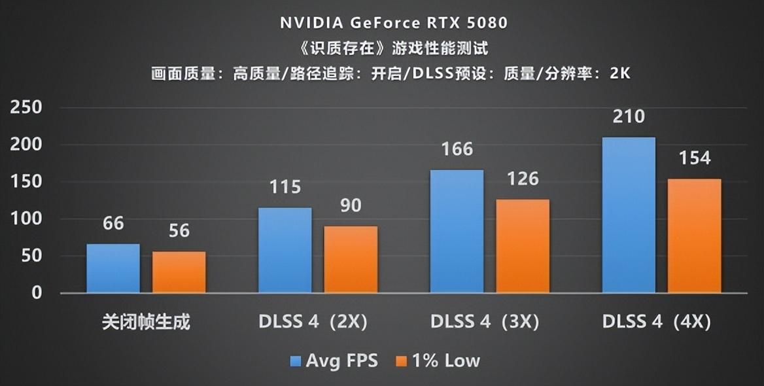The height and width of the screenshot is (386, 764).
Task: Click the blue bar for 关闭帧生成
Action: click(113, 268)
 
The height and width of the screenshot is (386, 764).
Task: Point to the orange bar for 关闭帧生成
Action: click(179, 272)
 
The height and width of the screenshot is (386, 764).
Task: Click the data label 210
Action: click(629, 117)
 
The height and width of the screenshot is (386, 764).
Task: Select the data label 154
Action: click(695, 158)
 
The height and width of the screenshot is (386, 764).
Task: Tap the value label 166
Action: click(457, 149)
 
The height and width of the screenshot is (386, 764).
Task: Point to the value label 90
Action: click(351, 205)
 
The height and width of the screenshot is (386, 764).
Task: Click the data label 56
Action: click(179, 231)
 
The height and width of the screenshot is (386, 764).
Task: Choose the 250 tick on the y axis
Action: click(26, 108)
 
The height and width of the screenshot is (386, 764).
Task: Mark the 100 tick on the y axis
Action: click(26, 219)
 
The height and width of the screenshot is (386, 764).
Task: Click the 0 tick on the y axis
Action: click(36, 292)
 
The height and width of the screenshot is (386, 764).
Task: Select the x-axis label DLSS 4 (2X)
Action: click(313, 323)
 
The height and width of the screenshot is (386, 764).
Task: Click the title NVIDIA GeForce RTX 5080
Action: click(394, 23)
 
